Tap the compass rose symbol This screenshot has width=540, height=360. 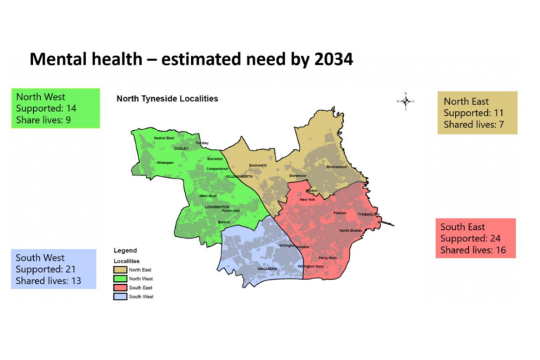point(406,101)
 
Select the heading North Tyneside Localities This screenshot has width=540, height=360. point(167,99)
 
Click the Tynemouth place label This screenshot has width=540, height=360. point(368,214)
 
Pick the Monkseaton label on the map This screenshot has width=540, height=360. point(337,167)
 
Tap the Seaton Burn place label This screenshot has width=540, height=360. point(164,138)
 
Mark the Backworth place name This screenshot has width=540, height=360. point(258,165)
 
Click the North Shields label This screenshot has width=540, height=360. point(350,231)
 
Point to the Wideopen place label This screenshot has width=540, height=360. point(164,162)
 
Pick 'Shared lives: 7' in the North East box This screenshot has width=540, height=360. point(474,125)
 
